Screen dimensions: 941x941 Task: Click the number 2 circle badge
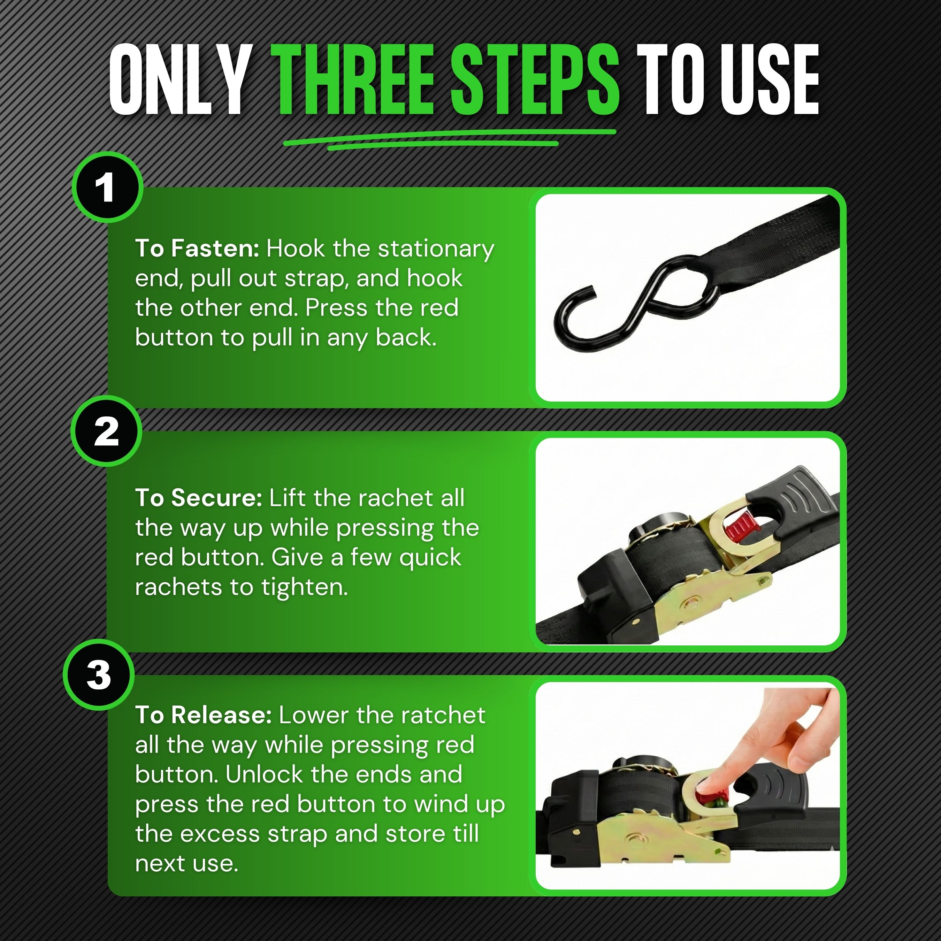106,431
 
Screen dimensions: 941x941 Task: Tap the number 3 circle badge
99,675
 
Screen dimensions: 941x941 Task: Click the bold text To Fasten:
197,249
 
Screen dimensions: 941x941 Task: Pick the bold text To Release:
203,716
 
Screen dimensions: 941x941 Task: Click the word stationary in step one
436,249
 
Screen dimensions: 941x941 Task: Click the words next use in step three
186,864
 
